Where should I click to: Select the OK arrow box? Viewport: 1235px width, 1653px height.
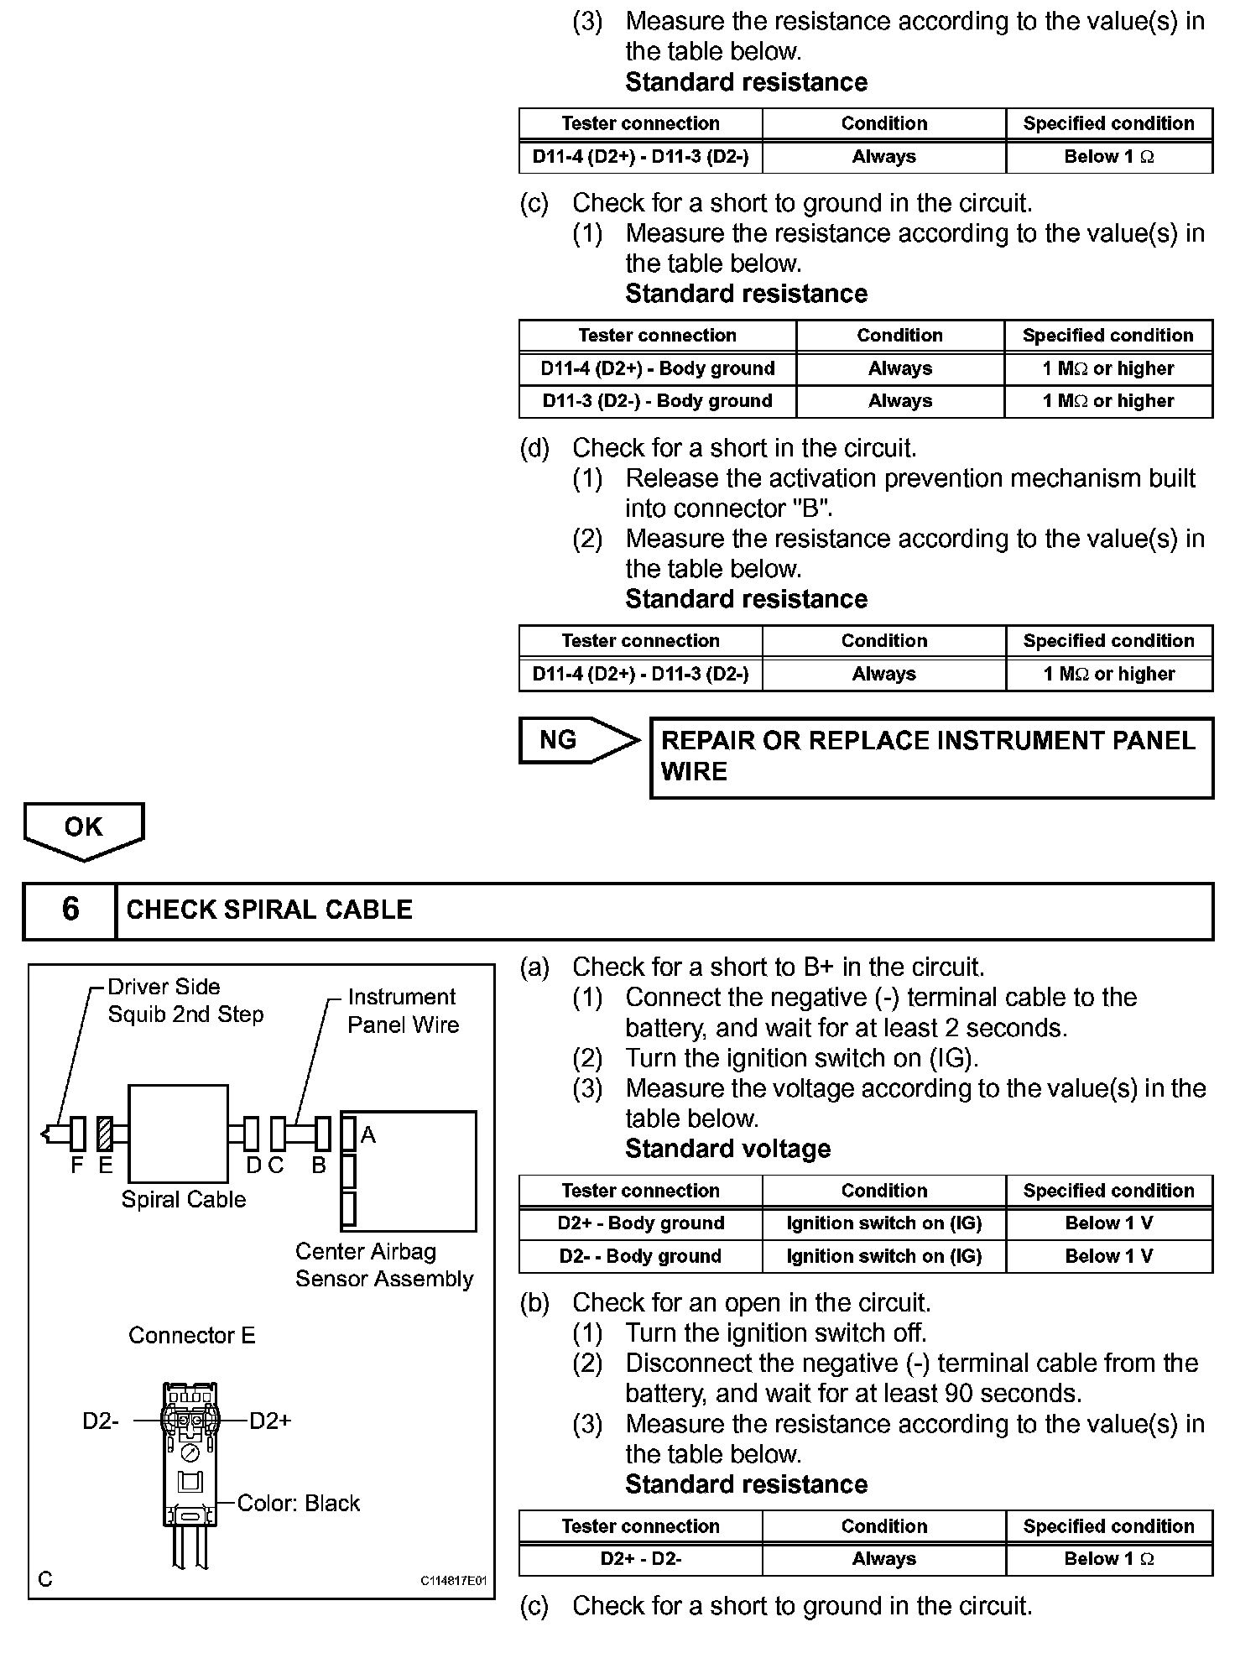click(x=84, y=828)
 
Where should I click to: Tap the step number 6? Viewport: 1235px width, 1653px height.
click(x=70, y=910)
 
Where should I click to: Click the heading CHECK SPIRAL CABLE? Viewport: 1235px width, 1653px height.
click(x=269, y=910)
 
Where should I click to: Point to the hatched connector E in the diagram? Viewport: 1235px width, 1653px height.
click(x=105, y=1134)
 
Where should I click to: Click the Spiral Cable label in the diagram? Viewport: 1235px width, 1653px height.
click(x=184, y=1199)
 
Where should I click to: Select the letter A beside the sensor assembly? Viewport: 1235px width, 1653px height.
click(x=368, y=1135)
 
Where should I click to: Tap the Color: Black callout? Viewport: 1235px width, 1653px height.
click(x=298, y=1503)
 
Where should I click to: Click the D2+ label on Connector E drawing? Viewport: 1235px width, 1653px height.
click(x=270, y=1421)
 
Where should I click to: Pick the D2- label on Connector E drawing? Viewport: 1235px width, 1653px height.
click(x=101, y=1421)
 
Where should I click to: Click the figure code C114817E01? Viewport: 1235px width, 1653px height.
click(x=453, y=1581)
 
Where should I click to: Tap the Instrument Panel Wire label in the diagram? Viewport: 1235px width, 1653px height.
click(x=404, y=1010)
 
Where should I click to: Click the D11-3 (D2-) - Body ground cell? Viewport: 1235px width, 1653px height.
click(x=657, y=401)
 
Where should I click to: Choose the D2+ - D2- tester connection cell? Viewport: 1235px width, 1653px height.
click(x=640, y=1559)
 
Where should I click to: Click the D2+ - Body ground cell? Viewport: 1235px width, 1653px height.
click(x=640, y=1223)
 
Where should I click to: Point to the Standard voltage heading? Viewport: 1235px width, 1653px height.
click(x=727, y=1149)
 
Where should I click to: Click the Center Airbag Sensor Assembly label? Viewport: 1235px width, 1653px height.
click(x=384, y=1265)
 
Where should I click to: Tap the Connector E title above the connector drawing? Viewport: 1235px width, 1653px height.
click(x=192, y=1335)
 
